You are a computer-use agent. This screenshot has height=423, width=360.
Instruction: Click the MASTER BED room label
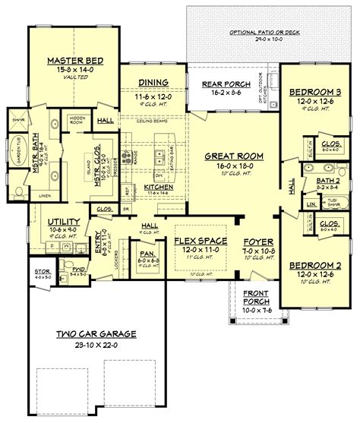[65, 60]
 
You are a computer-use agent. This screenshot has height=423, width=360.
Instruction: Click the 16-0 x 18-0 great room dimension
[234, 165]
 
